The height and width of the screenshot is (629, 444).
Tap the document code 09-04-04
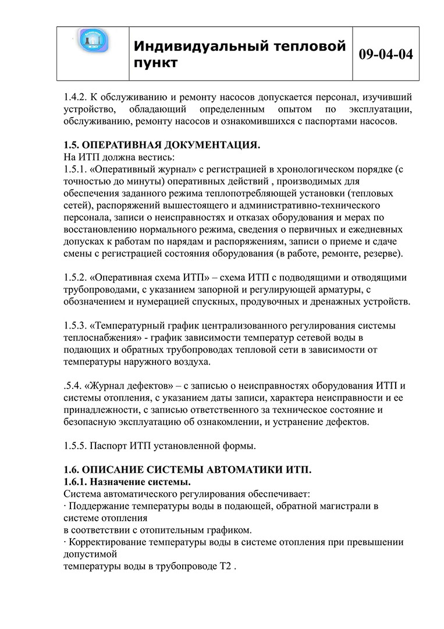coord(386,54)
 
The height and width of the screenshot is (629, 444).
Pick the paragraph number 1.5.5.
coord(76,446)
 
